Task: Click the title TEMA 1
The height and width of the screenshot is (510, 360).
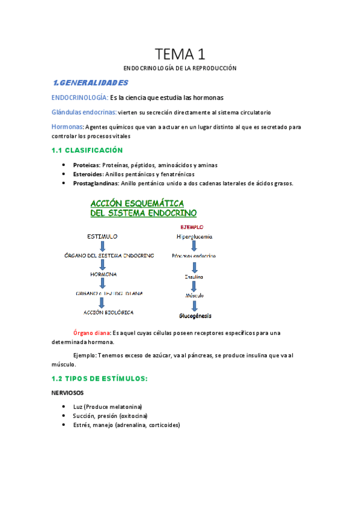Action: click(x=180, y=54)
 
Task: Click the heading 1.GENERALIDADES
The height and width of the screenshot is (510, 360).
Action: click(x=90, y=82)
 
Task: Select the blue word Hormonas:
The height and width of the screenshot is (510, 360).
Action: click(x=68, y=127)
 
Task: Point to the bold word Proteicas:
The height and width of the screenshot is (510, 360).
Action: click(x=87, y=165)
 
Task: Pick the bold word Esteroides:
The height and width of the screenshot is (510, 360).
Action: click(x=88, y=174)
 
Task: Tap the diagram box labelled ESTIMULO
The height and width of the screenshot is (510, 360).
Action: click(x=102, y=236)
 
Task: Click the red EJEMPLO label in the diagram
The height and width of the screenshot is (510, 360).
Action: click(x=192, y=227)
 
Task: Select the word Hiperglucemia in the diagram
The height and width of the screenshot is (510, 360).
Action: click(x=195, y=237)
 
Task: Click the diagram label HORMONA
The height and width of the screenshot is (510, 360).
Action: click(x=103, y=274)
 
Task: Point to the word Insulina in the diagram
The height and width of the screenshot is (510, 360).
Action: click(x=194, y=277)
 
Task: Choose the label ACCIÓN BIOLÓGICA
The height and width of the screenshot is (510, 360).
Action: click(x=108, y=313)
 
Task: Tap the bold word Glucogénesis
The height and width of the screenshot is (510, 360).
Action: click(x=195, y=316)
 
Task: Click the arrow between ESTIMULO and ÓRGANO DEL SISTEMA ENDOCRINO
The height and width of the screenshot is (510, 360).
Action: click(x=103, y=247)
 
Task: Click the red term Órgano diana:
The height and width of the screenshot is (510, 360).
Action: click(x=91, y=333)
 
